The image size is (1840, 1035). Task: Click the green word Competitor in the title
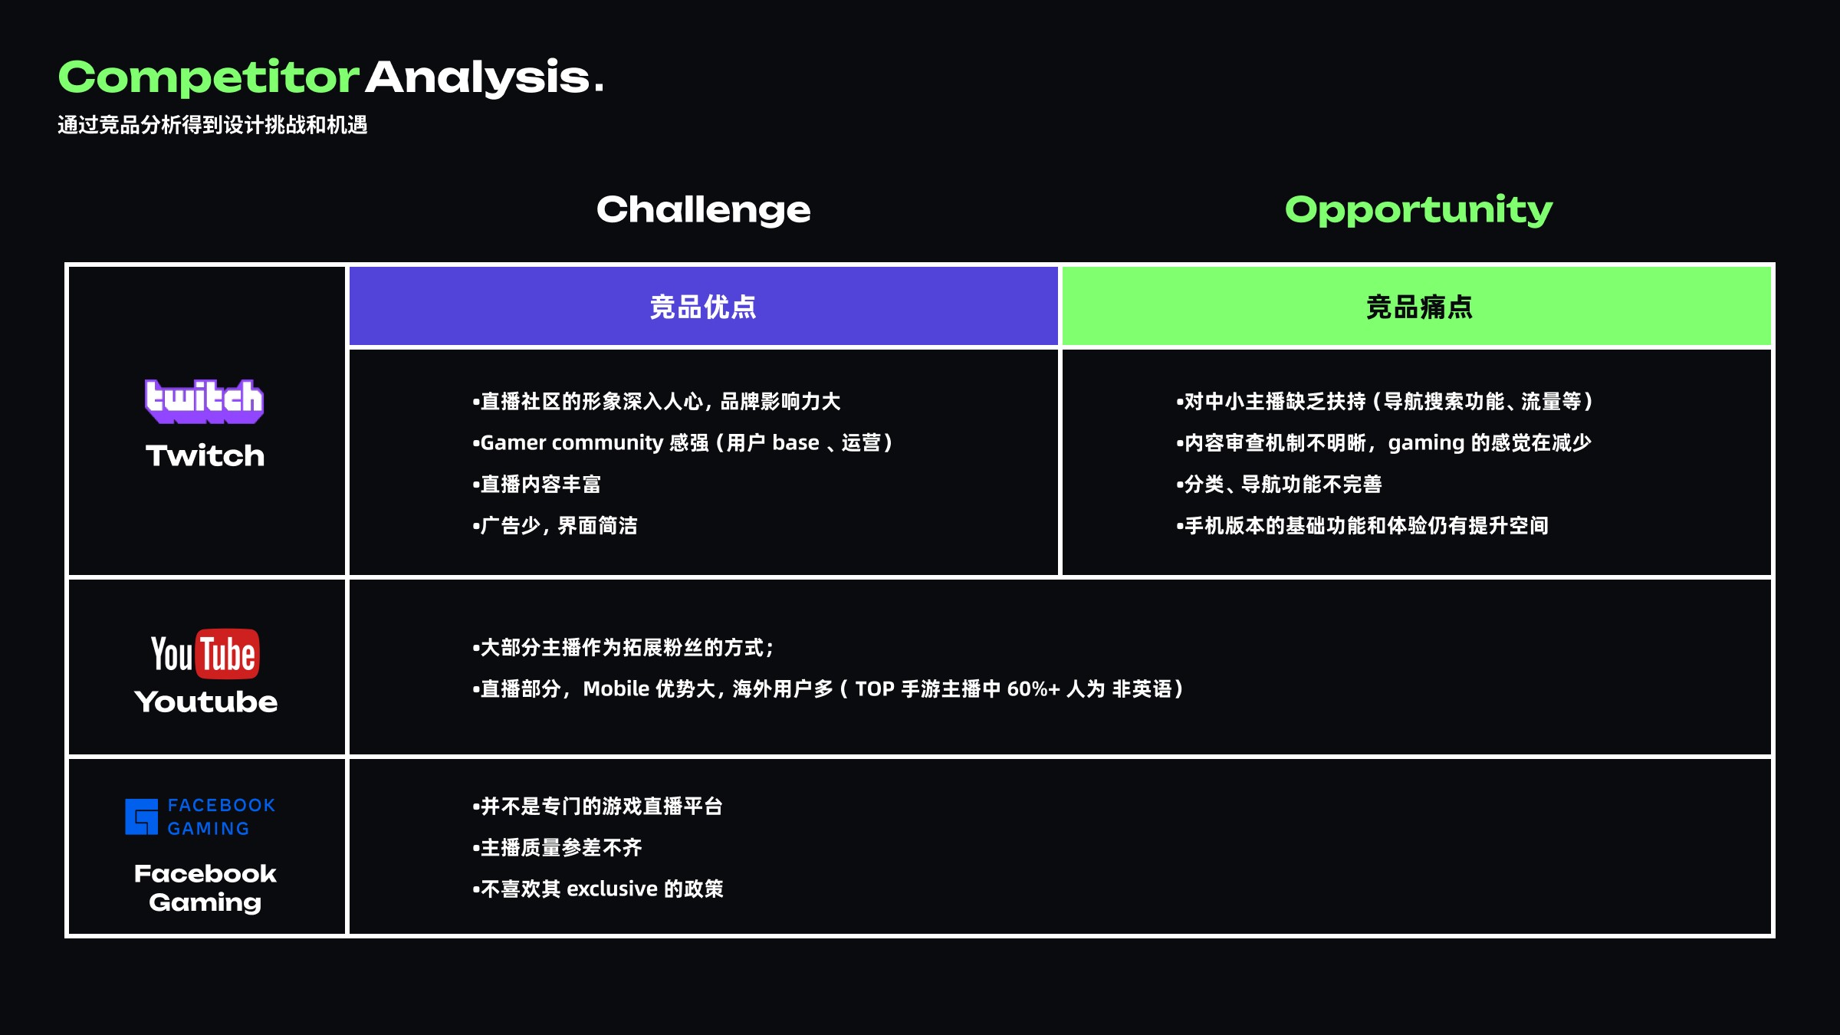209,78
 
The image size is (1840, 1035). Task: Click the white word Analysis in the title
478,78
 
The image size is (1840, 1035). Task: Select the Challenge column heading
703,209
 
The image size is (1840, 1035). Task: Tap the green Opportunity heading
1418,209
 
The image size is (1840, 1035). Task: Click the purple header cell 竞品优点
703,307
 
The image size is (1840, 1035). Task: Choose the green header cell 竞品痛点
1418,307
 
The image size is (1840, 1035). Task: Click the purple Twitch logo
205,401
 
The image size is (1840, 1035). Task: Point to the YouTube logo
205,654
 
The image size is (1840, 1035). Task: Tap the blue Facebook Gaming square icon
142,816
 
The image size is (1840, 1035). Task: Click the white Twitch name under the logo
205,455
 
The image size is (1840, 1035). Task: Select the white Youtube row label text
205,701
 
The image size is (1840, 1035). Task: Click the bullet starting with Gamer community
682,443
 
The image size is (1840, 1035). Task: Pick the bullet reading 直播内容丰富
537,485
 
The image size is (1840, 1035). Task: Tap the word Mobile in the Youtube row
616,689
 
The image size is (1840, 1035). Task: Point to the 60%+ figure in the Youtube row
1033,689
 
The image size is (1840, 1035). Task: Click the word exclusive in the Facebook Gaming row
612,889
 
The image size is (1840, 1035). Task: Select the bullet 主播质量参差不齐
557,848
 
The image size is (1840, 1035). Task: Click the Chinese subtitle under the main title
212,125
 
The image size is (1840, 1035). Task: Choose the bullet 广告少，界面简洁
556,526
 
